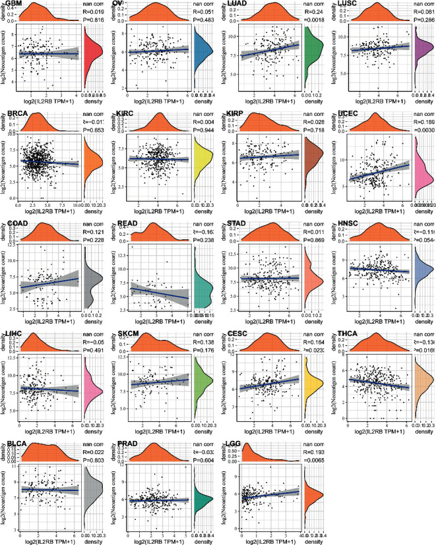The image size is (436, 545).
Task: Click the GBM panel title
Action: coord(13,4)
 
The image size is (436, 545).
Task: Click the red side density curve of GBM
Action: coord(91,53)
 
